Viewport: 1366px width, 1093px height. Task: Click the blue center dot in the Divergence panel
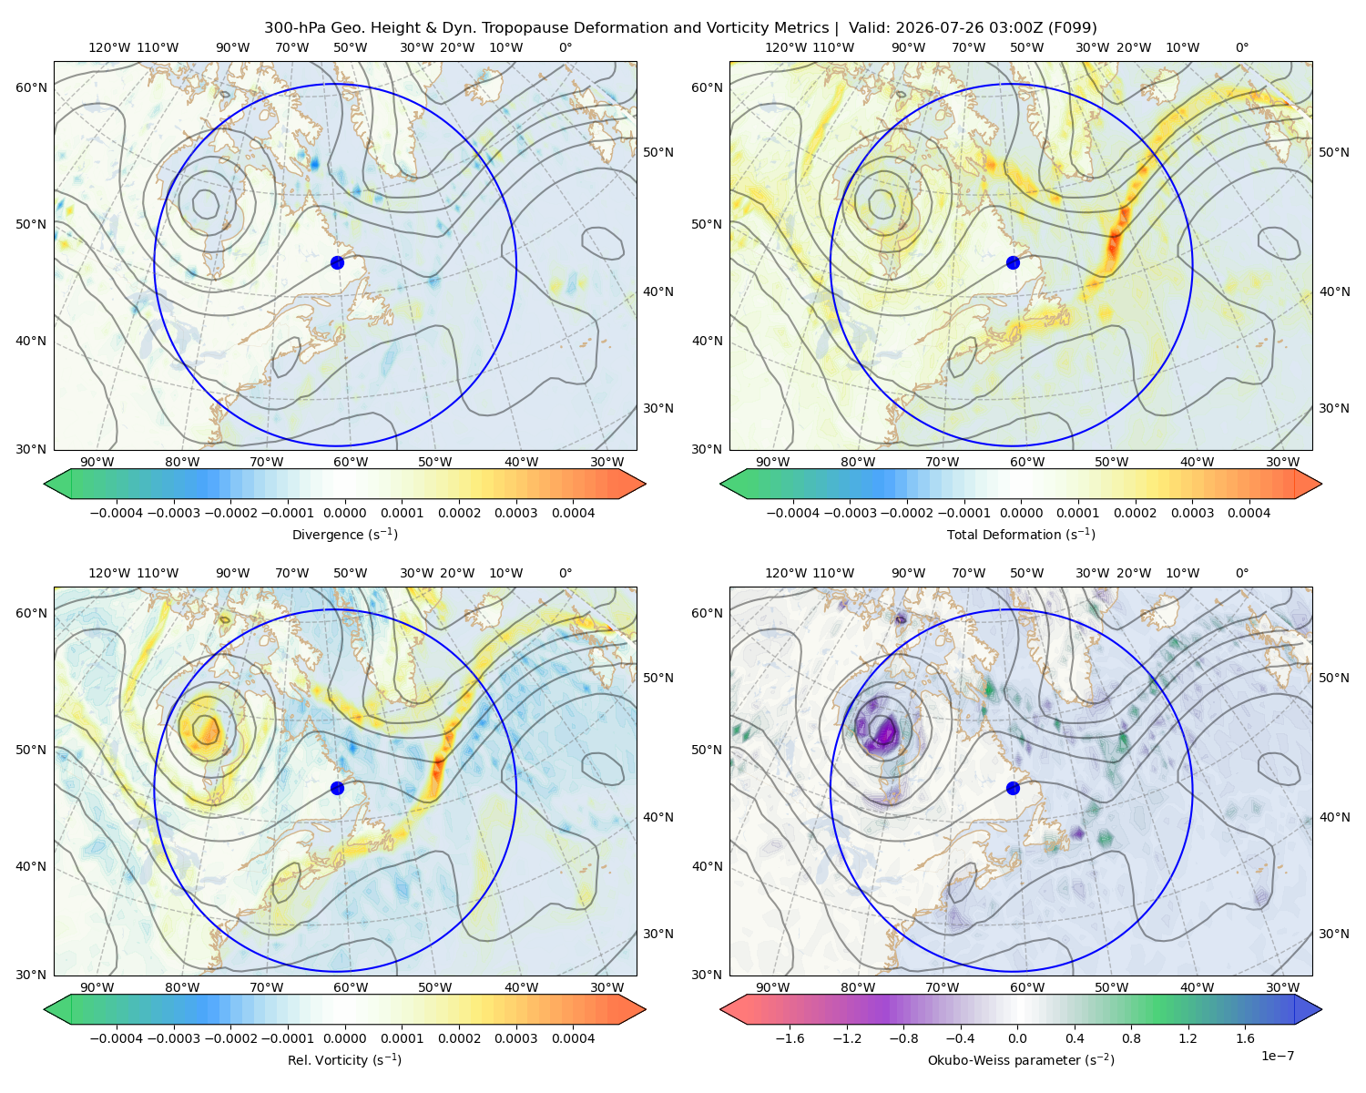click(x=337, y=263)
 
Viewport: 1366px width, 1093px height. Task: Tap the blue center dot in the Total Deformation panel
click(x=1013, y=263)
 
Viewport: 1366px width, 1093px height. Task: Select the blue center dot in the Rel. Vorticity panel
click(x=337, y=788)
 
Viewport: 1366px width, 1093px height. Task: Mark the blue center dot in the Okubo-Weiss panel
click(x=1013, y=788)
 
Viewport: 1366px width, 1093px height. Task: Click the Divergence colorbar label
click(x=344, y=535)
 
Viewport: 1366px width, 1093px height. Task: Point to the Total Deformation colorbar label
click(x=1021, y=535)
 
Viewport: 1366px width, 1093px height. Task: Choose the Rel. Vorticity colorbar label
click(x=344, y=1060)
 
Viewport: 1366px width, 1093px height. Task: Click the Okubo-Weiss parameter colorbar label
click(x=1021, y=1060)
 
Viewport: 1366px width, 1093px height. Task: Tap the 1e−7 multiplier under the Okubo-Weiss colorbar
click(x=1277, y=1056)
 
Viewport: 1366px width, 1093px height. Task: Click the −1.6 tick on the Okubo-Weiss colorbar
click(x=790, y=1038)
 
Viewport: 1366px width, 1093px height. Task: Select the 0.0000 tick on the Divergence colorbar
click(x=344, y=513)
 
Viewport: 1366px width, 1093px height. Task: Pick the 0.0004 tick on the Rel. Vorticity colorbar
click(x=573, y=1038)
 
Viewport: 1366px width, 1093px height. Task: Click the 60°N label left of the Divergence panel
click(x=31, y=87)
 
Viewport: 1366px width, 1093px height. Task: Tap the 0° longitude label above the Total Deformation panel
click(x=1242, y=47)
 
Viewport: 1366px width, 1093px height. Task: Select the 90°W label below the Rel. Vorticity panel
click(x=97, y=987)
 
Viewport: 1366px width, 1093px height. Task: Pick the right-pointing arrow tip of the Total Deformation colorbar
click(x=1321, y=484)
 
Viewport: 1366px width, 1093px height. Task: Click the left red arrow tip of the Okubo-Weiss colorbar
click(x=720, y=1009)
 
